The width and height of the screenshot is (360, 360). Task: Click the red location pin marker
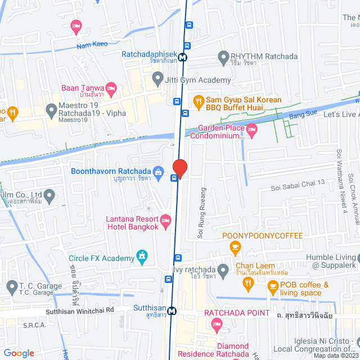pos(179,168)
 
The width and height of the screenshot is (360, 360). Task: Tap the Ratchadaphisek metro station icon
pos(183,56)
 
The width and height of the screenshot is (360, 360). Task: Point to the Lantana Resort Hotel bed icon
pos(165,219)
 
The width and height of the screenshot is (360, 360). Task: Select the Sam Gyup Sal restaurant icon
pos(198,102)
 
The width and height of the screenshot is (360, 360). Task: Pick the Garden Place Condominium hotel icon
pos(252,129)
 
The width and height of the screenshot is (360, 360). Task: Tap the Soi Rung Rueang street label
pos(201,214)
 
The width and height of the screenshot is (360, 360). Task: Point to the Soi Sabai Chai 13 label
pos(298,182)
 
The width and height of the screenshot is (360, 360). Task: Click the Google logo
pos(19,353)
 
